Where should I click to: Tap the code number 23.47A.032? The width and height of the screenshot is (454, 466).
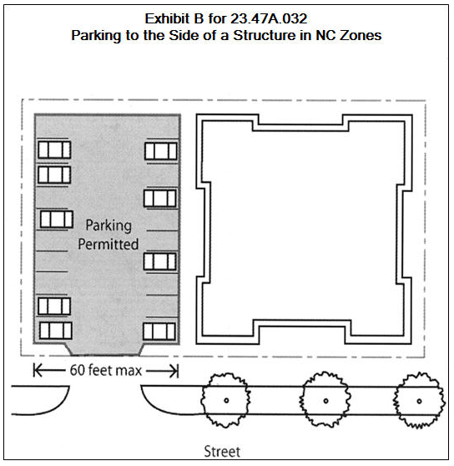point(269,18)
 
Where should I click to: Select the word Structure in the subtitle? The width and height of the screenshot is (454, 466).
point(264,35)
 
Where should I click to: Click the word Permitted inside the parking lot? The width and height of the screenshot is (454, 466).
point(108,244)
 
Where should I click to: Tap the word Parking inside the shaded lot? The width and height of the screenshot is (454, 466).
point(108,225)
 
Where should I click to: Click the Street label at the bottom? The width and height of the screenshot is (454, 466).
point(222,452)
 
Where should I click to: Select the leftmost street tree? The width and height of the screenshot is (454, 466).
point(225,400)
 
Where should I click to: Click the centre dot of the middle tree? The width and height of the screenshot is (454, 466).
point(325,401)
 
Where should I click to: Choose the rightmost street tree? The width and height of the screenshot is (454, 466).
point(419,401)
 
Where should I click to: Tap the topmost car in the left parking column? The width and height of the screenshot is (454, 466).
point(54,149)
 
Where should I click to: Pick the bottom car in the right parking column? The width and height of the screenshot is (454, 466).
point(159,332)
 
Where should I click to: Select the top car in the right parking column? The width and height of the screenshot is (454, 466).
point(160,151)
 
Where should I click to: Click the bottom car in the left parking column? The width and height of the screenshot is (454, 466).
point(56,331)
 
